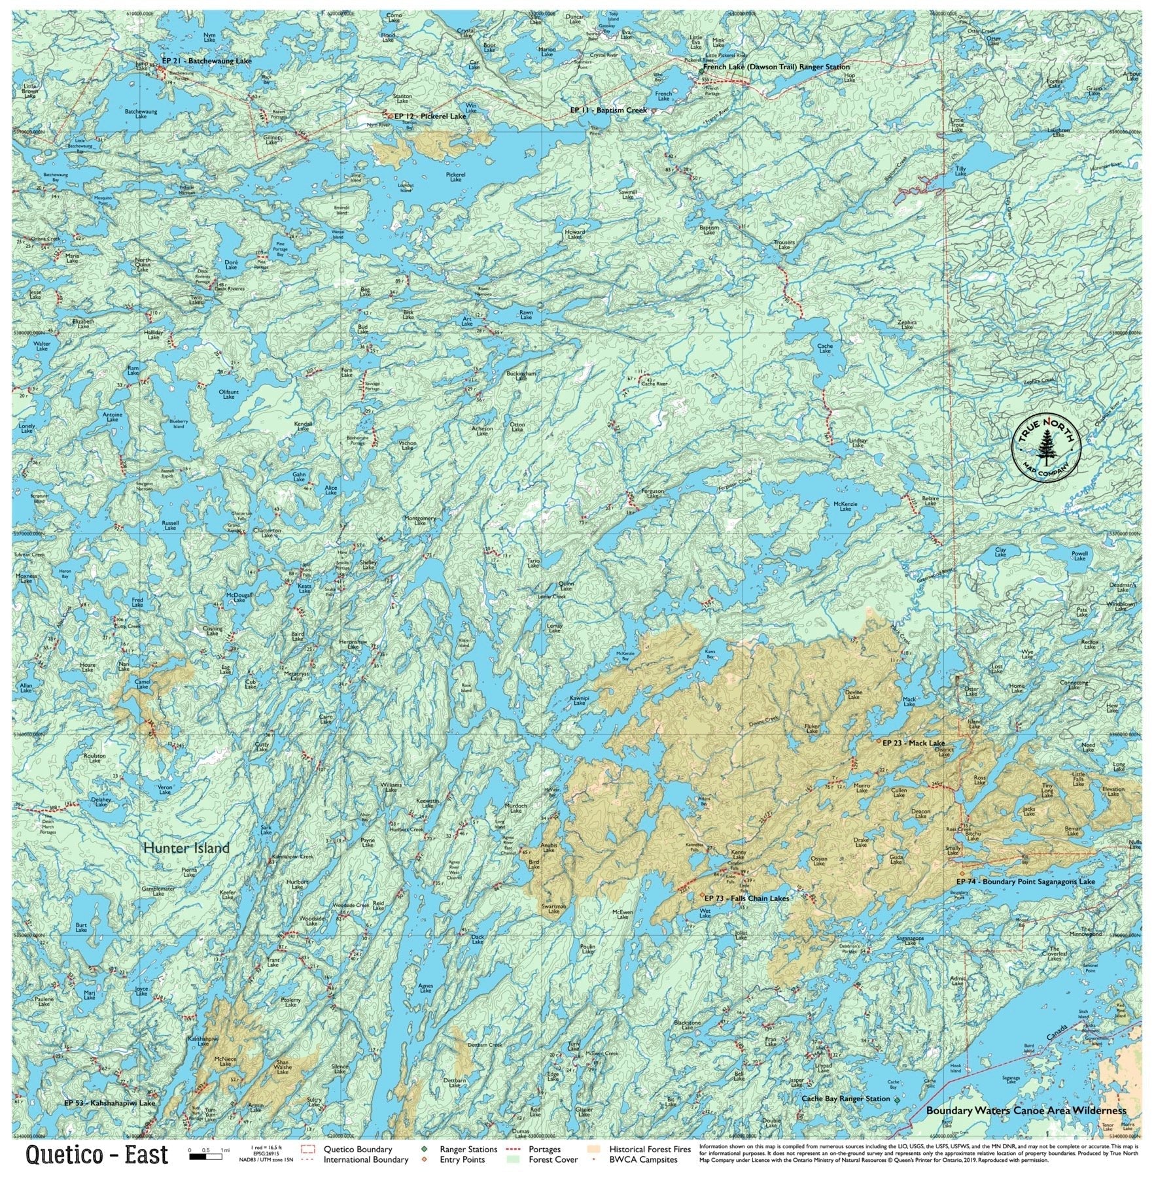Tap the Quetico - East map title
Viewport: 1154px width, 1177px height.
click(x=97, y=1155)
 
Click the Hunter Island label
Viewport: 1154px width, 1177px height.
click(x=186, y=848)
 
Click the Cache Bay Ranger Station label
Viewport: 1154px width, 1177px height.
click(x=846, y=1099)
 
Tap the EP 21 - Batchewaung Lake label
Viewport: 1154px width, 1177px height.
click(x=206, y=61)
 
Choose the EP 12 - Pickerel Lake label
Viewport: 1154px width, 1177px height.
click(x=430, y=116)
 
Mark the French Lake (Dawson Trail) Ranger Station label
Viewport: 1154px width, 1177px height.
click(x=777, y=67)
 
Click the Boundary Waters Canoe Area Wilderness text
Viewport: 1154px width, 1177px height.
click(x=1026, y=1110)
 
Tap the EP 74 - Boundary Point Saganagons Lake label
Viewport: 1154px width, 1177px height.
click(x=1025, y=881)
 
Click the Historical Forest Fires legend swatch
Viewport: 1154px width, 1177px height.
click(x=594, y=1149)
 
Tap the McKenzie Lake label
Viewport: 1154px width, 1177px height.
click(x=845, y=506)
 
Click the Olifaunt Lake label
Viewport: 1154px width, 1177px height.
click(x=228, y=394)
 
